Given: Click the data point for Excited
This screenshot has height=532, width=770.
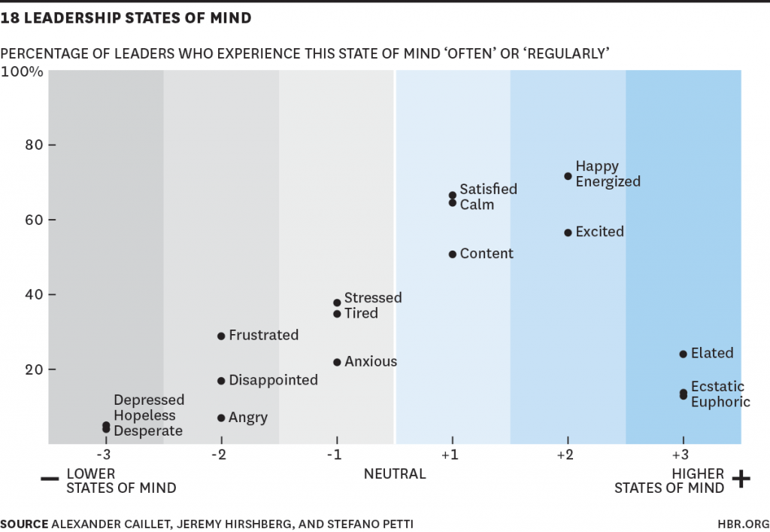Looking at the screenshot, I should pos(568,233).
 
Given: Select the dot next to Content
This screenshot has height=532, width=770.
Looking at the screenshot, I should pos(452,254).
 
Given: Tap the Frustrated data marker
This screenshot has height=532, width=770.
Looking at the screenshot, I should pos(221,336).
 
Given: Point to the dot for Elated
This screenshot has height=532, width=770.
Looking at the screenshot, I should pos(683,354).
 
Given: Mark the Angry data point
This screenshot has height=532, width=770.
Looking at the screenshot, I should pos(221,418).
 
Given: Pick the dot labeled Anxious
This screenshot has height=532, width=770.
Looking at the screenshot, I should pos(337,362).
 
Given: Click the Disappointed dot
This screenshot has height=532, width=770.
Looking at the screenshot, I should pos(221,381).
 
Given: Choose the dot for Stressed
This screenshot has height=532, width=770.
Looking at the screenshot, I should pos(337,302).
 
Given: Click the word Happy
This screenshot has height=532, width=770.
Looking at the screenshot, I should pos(597,166).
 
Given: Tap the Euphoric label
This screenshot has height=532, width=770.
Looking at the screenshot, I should pos(720,402).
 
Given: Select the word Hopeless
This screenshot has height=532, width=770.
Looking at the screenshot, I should pos(144,415).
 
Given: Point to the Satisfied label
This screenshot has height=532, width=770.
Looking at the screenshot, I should pos(489,189).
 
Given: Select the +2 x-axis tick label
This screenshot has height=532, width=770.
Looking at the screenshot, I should pos(565,455).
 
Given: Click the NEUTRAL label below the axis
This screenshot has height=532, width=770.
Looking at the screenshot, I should pos(395,474).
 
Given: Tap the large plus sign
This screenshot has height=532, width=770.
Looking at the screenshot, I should pos(741,479).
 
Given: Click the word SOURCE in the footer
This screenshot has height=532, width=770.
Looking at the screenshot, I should pos(23,523).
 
